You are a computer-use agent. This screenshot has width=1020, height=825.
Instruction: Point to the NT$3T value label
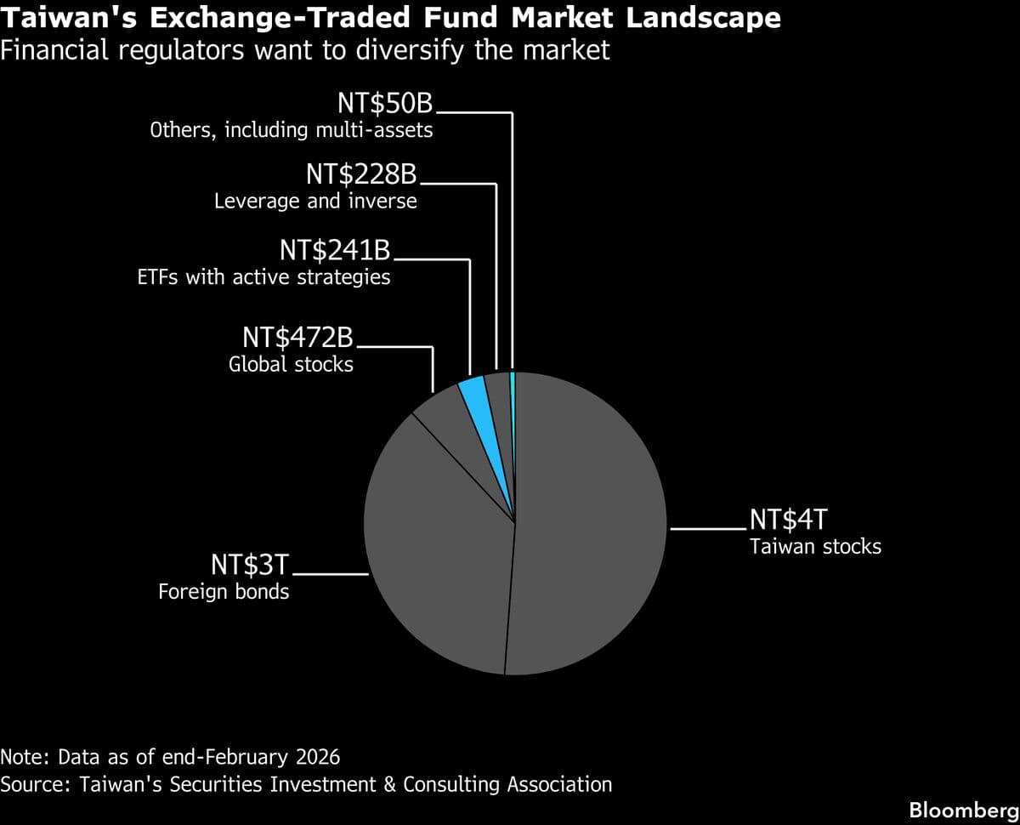(x=251, y=566)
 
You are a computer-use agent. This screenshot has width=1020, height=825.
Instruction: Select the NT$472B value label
(x=297, y=338)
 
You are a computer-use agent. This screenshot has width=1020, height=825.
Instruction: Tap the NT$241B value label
(x=335, y=250)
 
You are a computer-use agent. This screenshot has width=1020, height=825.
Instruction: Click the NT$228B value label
(x=361, y=175)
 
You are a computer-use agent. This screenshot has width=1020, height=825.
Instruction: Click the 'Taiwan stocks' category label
(x=815, y=546)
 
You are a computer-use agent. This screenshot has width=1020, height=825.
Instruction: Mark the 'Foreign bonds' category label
(x=224, y=591)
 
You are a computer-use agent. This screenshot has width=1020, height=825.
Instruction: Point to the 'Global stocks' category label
(x=291, y=365)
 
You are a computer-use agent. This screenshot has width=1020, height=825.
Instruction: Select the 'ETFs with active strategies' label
(x=263, y=277)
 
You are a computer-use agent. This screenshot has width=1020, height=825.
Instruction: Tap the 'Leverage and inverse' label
(x=315, y=202)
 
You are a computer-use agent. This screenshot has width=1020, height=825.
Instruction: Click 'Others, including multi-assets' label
(x=291, y=130)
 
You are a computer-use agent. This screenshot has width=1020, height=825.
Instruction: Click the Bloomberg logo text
(x=963, y=810)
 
